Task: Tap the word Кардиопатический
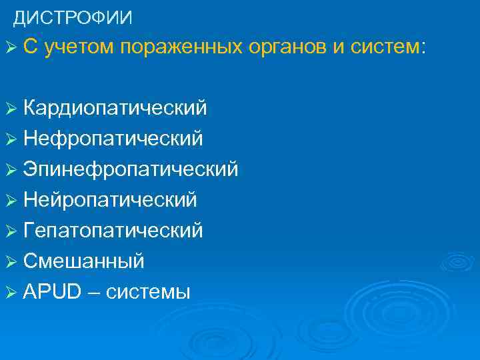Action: (x=115, y=108)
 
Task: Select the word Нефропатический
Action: (x=113, y=139)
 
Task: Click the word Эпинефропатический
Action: (x=131, y=169)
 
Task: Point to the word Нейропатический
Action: (x=110, y=200)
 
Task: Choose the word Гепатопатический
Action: (x=113, y=231)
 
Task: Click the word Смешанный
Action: (x=83, y=261)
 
